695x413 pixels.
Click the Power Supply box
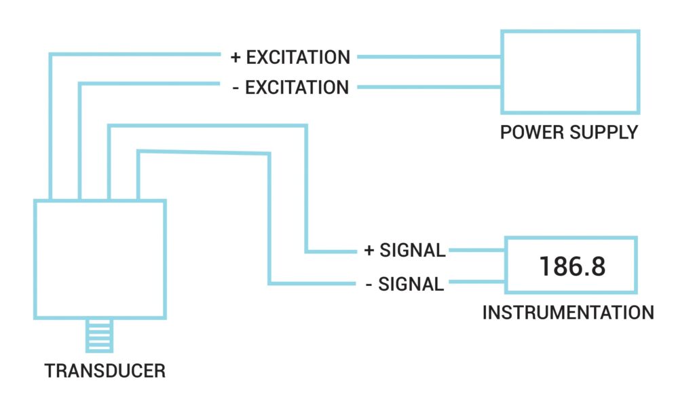569,71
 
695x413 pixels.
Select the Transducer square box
100,259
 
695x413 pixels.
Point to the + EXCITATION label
290,58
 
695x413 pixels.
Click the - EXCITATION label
290,88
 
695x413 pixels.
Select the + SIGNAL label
405,251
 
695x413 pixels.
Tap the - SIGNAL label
405,284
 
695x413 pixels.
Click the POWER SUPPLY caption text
569,132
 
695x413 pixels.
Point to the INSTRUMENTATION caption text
568,313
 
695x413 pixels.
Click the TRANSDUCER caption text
105,372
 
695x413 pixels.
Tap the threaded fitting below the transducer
99,336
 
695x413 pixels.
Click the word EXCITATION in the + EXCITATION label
298,58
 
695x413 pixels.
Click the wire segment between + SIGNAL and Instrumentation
475,251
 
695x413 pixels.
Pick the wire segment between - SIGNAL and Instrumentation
475,283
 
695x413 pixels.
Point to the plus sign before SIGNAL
369,251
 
